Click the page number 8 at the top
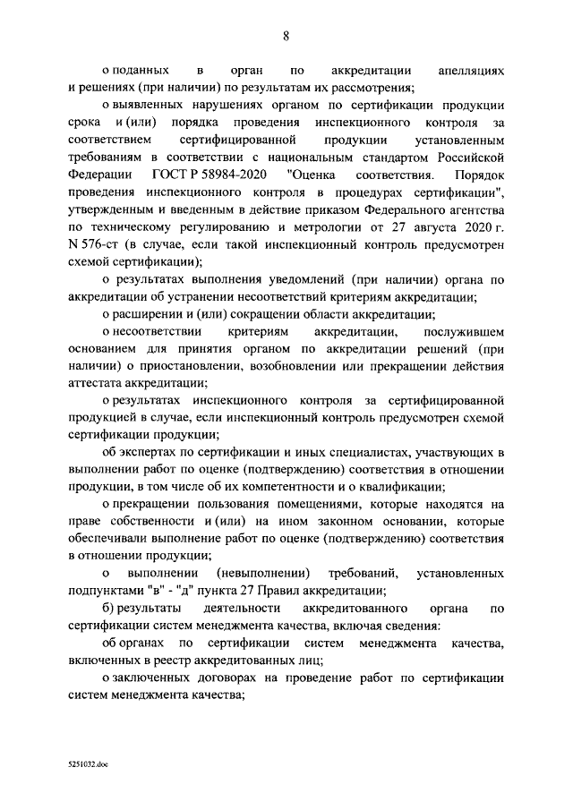[x=286, y=36]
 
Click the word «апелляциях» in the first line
[x=473, y=70]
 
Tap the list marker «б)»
[x=108, y=610]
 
